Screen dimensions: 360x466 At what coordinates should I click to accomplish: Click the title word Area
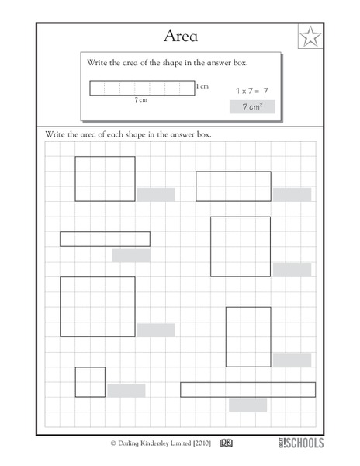pos(179,35)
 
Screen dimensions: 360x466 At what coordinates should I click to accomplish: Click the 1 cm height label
pos(202,86)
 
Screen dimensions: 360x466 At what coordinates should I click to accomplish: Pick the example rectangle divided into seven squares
pos(142,88)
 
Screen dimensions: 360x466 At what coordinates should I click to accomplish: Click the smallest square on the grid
pos(90,382)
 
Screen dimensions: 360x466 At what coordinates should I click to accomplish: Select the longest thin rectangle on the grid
pos(247,389)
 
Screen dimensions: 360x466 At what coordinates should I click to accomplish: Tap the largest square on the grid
pos(98,307)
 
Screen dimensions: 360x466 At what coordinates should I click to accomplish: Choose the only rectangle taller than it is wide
pos(248,336)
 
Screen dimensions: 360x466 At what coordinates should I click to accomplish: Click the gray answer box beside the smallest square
pos(126,390)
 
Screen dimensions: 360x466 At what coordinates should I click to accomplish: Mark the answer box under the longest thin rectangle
pos(247,405)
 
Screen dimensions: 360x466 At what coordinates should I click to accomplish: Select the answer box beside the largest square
pos(156,330)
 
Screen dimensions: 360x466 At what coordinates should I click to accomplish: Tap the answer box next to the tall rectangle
pos(292,360)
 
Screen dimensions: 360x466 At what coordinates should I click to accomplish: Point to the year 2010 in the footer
pos(199,443)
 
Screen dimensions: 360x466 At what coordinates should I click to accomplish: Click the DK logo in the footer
pos(227,443)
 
